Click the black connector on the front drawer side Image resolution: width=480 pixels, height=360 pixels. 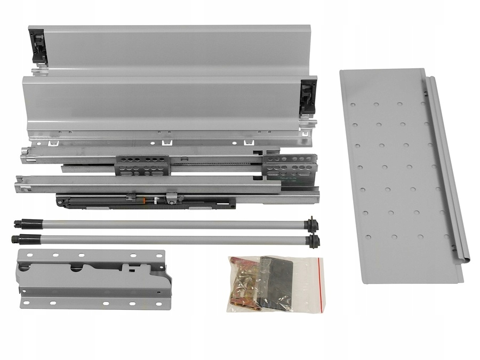308,96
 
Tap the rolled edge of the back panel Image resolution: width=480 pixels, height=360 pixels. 448,171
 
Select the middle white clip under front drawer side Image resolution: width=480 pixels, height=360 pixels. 165,142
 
